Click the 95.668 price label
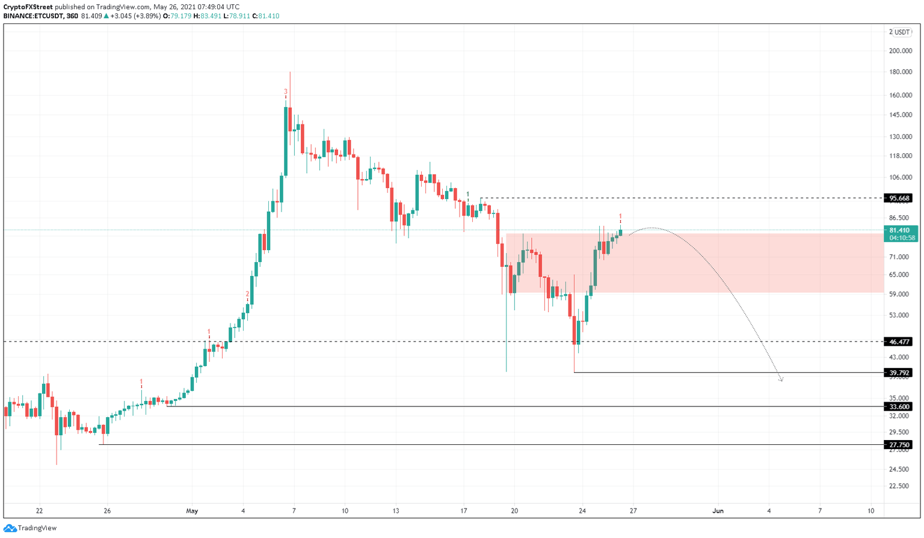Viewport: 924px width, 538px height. pos(900,198)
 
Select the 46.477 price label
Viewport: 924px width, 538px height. pos(900,341)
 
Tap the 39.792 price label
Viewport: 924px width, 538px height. pos(900,373)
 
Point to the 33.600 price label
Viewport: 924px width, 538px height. pos(900,407)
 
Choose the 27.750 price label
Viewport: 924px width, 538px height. pos(900,445)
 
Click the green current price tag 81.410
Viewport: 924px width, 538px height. pos(900,230)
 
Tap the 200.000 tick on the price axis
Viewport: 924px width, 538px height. pos(900,51)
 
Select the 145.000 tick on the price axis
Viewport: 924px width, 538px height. pos(900,115)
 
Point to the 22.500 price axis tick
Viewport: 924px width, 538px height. pos(900,486)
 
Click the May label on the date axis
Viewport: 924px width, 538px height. pos(192,511)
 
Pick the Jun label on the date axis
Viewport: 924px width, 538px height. pos(718,511)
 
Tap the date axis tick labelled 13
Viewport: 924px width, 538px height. pos(396,511)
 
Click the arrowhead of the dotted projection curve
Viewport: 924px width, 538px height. pos(781,379)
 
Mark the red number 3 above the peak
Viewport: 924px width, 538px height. pos(286,92)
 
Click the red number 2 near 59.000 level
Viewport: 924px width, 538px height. pos(247,294)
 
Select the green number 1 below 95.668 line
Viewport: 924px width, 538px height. pos(468,194)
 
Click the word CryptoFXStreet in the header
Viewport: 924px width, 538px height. pos(28,7)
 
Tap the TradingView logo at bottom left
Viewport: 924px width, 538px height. pos(30,528)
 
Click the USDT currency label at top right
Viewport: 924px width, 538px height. pos(902,32)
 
